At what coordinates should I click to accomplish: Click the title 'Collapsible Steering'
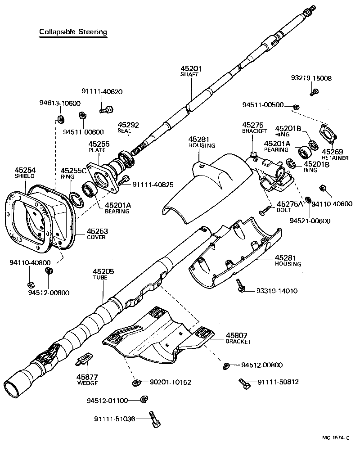click(x=73, y=32)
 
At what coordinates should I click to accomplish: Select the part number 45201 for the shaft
click(x=191, y=69)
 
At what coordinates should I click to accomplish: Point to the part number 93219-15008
click(x=311, y=78)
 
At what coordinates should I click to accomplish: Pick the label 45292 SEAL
click(x=128, y=128)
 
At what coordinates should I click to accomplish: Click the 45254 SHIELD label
click(x=25, y=173)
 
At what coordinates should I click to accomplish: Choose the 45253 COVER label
click(x=97, y=234)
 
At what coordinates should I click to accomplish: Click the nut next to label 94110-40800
click(x=31, y=284)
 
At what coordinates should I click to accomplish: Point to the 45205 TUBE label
click(x=103, y=275)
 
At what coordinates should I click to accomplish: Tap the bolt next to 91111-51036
click(x=154, y=419)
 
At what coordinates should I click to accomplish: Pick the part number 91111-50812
click(x=278, y=382)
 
